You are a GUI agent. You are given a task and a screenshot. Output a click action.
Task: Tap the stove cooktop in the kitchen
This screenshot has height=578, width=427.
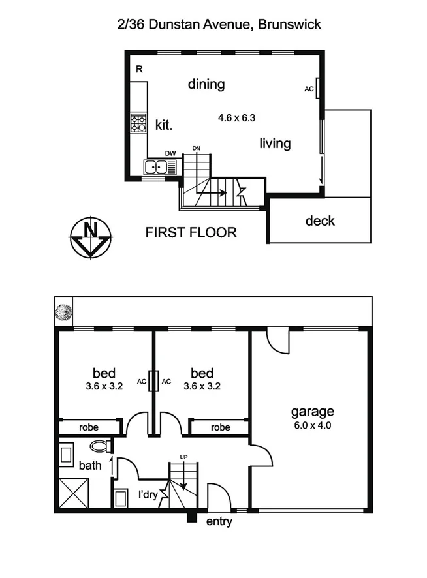click(x=138, y=123)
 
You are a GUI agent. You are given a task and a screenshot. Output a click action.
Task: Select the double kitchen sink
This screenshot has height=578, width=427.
click(x=161, y=168)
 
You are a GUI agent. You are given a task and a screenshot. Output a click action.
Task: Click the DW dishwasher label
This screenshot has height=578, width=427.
click(x=170, y=153)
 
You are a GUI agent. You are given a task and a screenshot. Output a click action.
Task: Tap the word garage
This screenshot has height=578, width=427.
click(x=312, y=412)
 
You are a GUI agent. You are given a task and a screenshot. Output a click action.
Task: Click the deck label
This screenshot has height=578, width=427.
click(x=320, y=221)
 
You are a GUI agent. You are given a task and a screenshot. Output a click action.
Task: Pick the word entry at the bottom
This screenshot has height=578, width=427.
click(x=219, y=521)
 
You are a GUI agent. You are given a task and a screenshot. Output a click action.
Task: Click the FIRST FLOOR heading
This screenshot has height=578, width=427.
click(x=191, y=232)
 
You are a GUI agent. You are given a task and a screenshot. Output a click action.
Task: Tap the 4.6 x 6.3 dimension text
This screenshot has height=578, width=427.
click(x=236, y=118)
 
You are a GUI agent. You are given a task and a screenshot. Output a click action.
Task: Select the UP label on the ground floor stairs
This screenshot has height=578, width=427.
click(x=184, y=457)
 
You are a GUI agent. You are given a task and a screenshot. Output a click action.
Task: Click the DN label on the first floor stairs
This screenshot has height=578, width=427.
click(x=196, y=148)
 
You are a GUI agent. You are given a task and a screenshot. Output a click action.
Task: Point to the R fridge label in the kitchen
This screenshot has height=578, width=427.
click(x=138, y=68)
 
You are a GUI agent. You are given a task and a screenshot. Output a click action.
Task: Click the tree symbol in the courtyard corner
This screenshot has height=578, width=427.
click(x=63, y=312)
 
